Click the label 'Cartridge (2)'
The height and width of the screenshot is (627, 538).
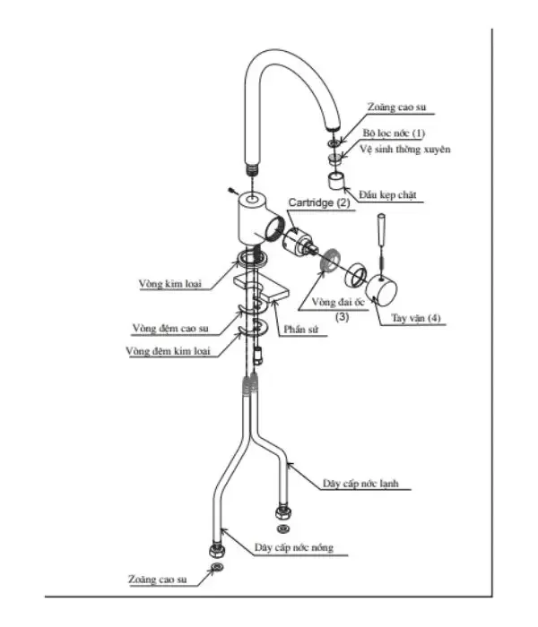(x=319, y=202)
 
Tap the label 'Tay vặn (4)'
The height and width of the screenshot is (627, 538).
(x=416, y=318)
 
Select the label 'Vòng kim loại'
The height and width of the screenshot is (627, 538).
(x=170, y=284)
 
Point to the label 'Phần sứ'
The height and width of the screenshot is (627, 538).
(x=301, y=329)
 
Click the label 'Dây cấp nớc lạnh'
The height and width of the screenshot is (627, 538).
(x=360, y=484)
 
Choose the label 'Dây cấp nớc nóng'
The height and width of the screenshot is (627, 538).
(x=294, y=547)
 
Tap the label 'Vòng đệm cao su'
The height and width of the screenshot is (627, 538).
(x=170, y=329)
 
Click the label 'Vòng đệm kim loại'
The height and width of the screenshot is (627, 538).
(x=168, y=351)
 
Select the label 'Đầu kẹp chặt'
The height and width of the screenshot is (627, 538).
(x=387, y=194)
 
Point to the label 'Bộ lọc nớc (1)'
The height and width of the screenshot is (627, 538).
(x=394, y=133)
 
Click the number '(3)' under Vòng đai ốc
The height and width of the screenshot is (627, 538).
(x=342, y=317)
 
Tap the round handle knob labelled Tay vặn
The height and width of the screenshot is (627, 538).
(x=382, y=291)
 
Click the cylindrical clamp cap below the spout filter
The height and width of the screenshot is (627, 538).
(x=336, y=181)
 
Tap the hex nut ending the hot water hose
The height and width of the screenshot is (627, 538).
(x=217, y=550)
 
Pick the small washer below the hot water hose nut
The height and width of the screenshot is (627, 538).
(x=217, y=567)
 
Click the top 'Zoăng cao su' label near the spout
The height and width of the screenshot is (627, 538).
(x=396, y=107)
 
